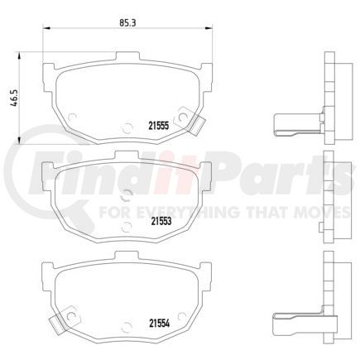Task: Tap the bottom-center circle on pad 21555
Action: pos(126,127)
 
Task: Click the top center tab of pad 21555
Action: pos(125,58)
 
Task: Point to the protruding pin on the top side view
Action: pos(291,125)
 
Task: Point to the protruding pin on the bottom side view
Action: pos(291,321)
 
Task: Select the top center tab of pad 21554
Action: pos(125,265)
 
